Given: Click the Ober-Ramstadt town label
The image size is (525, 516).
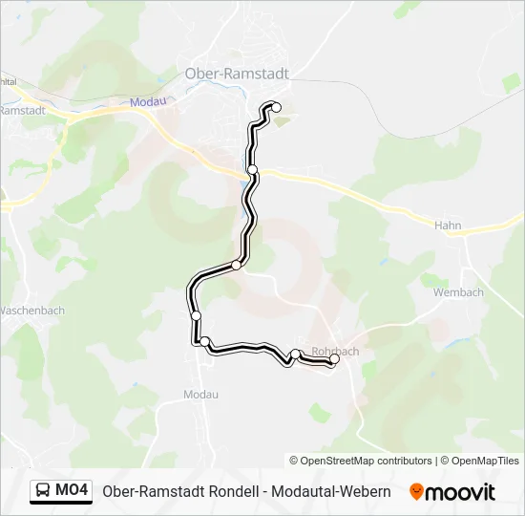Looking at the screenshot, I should [x=236, y=73].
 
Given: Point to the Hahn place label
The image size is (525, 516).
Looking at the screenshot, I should [x=448, y=226].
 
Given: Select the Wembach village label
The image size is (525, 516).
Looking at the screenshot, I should [x=458, y=292].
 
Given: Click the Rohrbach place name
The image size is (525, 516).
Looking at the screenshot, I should [x=335, y=351].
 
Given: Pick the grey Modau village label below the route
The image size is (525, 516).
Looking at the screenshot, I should [x=200, y=394].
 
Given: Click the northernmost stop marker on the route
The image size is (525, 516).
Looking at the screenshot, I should [x=277, y=107].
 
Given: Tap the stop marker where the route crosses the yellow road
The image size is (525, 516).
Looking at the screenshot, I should [x=253, y=169].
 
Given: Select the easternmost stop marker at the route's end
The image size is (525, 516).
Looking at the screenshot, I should [x=334, y=359].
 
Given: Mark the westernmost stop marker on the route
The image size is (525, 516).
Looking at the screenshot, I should [x=196, y=315].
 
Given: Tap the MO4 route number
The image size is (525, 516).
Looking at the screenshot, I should [x=73, y=491].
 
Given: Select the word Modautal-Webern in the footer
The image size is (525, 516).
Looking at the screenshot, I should [x=331, y=491].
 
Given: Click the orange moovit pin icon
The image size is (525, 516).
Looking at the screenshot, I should [x=416, y=491].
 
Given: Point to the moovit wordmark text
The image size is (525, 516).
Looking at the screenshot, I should [x=460, y=491].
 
